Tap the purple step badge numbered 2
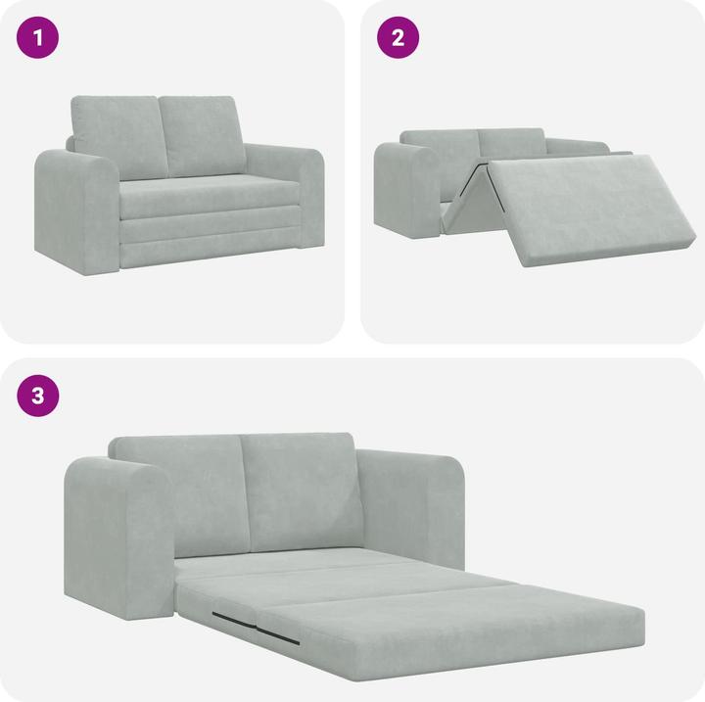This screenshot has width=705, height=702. click(x=399, y=38)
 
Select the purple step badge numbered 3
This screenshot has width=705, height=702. click(x=38, y=396)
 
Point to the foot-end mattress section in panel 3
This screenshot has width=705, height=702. click(x=460, y=632)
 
